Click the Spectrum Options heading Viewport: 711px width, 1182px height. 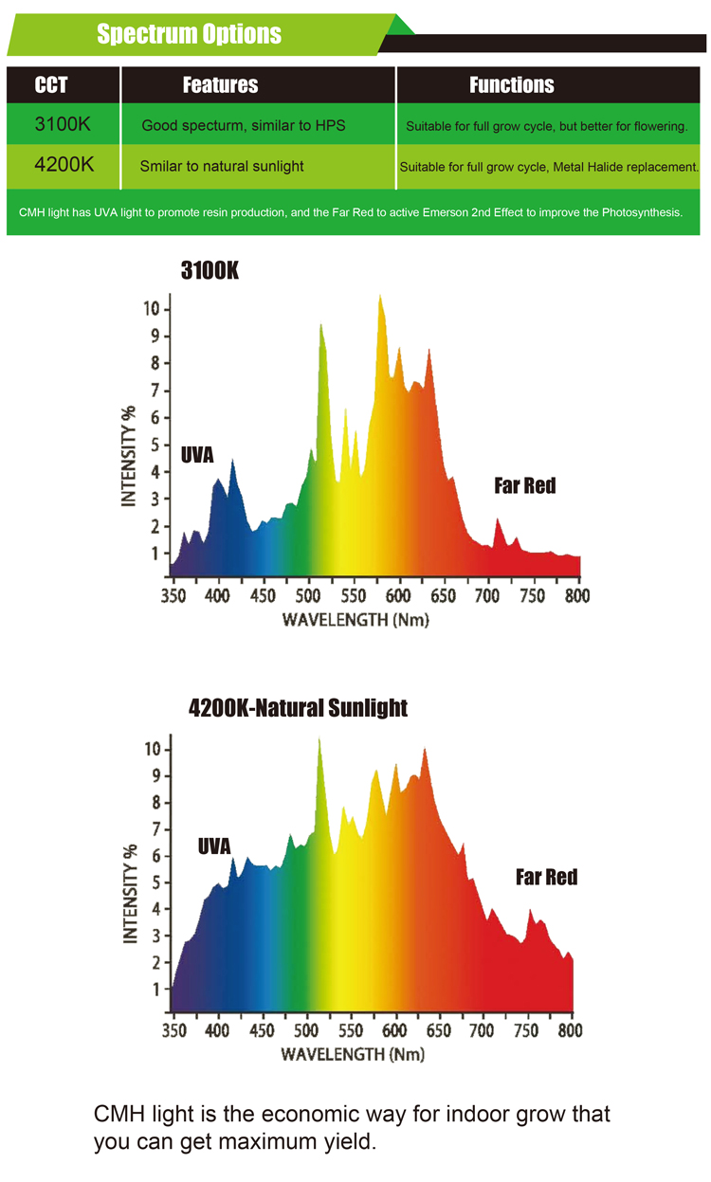pos(190,35)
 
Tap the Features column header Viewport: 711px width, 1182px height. pos(220,85)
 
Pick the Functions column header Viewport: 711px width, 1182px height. pos(512,85)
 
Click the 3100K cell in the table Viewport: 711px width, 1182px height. pos(63,124)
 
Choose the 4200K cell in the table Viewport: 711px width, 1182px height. pos(64,165)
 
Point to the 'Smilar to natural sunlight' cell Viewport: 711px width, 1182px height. pos(222,166)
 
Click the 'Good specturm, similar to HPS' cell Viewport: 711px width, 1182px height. pos(244,125)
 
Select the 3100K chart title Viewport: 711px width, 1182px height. pos(210,271)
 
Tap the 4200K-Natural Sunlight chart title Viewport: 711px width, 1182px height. pos(298,708)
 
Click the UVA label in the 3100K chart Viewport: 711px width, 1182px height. pos(197,456)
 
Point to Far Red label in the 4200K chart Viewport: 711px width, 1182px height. pos(546,877)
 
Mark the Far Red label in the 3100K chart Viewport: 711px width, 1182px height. pos(524,486)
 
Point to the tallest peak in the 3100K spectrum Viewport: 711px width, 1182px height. pos(380,297)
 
